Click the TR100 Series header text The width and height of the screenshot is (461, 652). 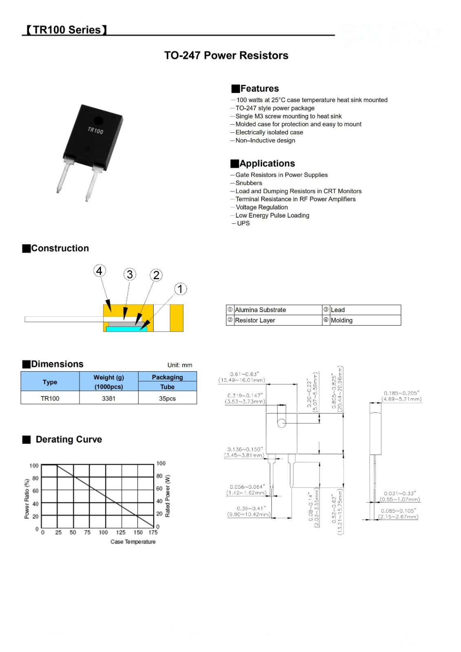click(67, 30)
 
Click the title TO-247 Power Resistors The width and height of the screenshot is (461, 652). click(226, 55)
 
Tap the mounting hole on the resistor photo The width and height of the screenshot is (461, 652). click(98, 121)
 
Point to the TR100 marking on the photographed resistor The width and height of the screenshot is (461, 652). click(95, 130)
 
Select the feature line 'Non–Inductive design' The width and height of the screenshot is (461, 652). click(265, 141)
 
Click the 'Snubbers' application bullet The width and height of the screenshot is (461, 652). click(249, 183)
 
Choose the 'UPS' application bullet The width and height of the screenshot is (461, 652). click(243, 223)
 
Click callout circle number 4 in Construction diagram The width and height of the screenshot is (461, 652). click(99, 271)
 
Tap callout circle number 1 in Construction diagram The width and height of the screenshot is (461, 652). click(181, 289)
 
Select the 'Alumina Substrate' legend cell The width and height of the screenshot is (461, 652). click(260, 310)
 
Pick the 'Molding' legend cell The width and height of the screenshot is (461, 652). click(342, 320)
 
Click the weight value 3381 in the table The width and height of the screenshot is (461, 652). click(109, 398)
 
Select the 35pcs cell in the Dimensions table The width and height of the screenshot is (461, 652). click(168, 398)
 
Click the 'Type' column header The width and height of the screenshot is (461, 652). click(50, 382)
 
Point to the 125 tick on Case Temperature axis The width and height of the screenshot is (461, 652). click(121, 532)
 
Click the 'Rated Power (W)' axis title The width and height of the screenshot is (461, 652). click(168, 496)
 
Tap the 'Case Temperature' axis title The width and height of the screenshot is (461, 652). click(133, 542)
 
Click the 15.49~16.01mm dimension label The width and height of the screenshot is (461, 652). click(242, 380)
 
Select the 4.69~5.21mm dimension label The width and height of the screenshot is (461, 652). click(401, 399)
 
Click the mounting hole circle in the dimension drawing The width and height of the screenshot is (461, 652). click(282, 423)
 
